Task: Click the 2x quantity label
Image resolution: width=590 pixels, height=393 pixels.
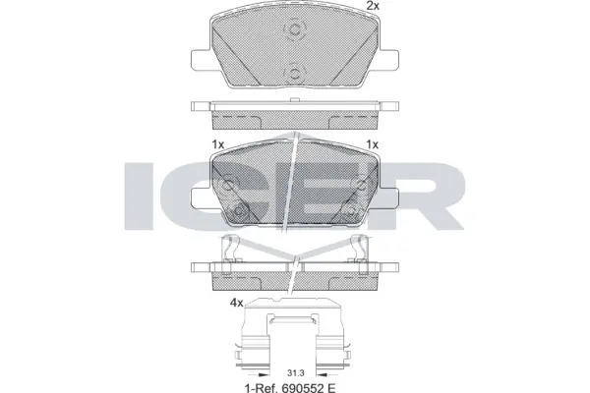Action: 373,7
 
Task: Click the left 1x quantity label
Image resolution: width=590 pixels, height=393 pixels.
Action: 218,144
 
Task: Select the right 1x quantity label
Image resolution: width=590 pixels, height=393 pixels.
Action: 372,144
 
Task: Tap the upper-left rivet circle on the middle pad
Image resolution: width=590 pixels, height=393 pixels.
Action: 229,184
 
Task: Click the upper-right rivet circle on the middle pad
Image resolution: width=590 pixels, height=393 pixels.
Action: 360,184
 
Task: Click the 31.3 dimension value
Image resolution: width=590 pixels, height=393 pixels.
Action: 295,371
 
